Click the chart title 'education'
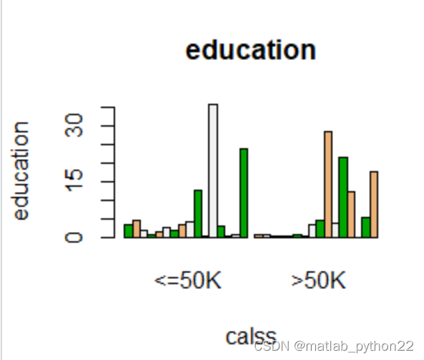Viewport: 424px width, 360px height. click(x=251, y=50)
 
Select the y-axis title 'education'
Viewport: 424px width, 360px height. click(x=20, y=171)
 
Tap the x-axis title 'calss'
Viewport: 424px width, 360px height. click(x=251, y=336)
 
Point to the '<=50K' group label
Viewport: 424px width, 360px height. click(x=187, y=280)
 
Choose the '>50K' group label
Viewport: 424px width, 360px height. click(x=318, y=280)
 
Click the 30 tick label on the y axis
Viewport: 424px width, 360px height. click(x=74, y=125)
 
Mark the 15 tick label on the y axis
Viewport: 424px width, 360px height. click(x=74, y=180)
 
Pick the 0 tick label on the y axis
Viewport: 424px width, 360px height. click(x=74, y=238)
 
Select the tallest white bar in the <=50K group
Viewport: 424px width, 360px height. click(x=213, y=171)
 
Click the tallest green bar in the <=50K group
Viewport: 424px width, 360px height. click(x=244, y=193)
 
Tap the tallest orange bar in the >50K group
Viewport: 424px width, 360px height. click(x=328, y=185)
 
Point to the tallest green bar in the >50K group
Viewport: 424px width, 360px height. click(x=343, y=198)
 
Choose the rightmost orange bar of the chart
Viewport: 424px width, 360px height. click(x=374, y=205)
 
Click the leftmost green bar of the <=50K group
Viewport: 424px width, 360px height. click(x=129, y=231)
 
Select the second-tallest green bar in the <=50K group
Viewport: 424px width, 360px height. click(x=198, y=214)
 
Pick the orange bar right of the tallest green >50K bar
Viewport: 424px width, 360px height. click(x=351, y=215)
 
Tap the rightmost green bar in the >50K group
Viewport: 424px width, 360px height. click(x=366, y=228)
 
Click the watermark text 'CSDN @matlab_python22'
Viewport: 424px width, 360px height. click(x=334, y=346)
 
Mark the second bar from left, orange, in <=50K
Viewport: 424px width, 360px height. click(x=137, y=229)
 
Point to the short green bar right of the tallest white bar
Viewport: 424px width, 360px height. click(x=221, y=232)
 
